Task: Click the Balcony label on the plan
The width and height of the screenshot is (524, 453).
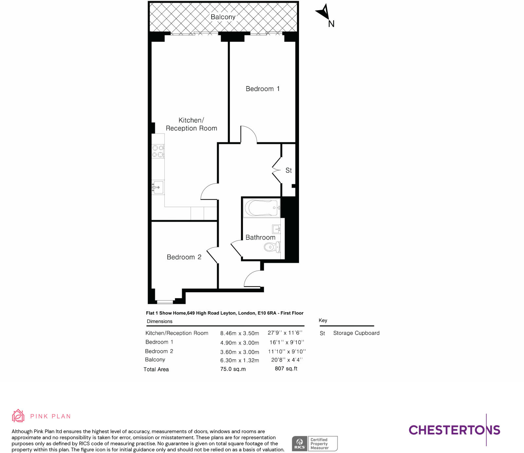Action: click(223, 17)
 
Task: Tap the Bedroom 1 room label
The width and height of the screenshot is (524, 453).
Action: click(263, 89)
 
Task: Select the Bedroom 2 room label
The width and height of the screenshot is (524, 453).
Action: click(184, 257)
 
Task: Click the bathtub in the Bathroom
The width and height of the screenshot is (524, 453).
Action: click(261, 208)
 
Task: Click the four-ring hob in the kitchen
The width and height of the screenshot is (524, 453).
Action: click(158, 151)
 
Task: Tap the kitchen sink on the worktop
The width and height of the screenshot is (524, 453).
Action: click(158, 187)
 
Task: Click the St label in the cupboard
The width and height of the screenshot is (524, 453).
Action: click(289, 170)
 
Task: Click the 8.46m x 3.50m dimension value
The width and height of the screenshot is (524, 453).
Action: click(239, 333)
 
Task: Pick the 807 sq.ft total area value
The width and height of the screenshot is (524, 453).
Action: click(286, 369)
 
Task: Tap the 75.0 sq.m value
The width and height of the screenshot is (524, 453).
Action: click(233, 369)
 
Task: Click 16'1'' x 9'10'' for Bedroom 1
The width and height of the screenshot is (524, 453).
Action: click(287, 342)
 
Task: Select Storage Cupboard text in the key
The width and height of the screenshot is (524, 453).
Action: click(356, 333)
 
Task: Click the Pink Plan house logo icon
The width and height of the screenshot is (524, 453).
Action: click(18, 416)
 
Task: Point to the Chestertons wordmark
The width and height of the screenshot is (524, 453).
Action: click(454, 430)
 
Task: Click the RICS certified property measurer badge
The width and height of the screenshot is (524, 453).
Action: click(314, 444)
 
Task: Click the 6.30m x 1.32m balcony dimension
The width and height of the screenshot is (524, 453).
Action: click(239, 360)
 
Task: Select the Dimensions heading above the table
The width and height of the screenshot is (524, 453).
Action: click(159, 321)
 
